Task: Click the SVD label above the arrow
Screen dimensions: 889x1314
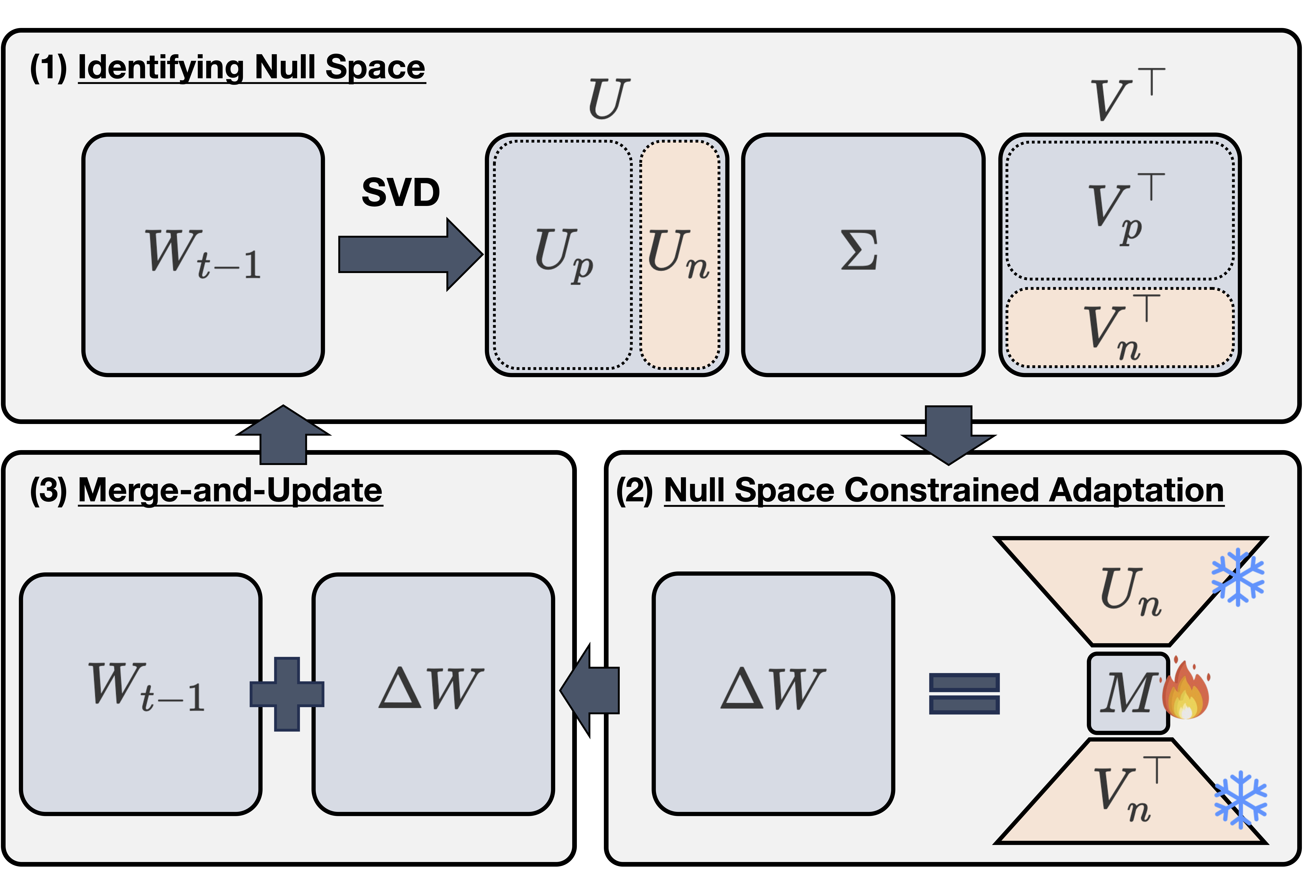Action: point(400,192)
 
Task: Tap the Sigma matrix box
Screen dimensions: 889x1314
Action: point(863,254)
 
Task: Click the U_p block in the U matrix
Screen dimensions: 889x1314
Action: point(563,254)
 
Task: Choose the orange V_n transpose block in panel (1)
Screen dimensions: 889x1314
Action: point(1119,328)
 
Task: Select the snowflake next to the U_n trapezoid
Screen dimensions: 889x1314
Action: point(1237,577)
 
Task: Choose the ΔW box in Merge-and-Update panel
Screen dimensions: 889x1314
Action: point(433,694)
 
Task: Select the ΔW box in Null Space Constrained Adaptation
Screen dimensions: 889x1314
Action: point(773,694)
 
